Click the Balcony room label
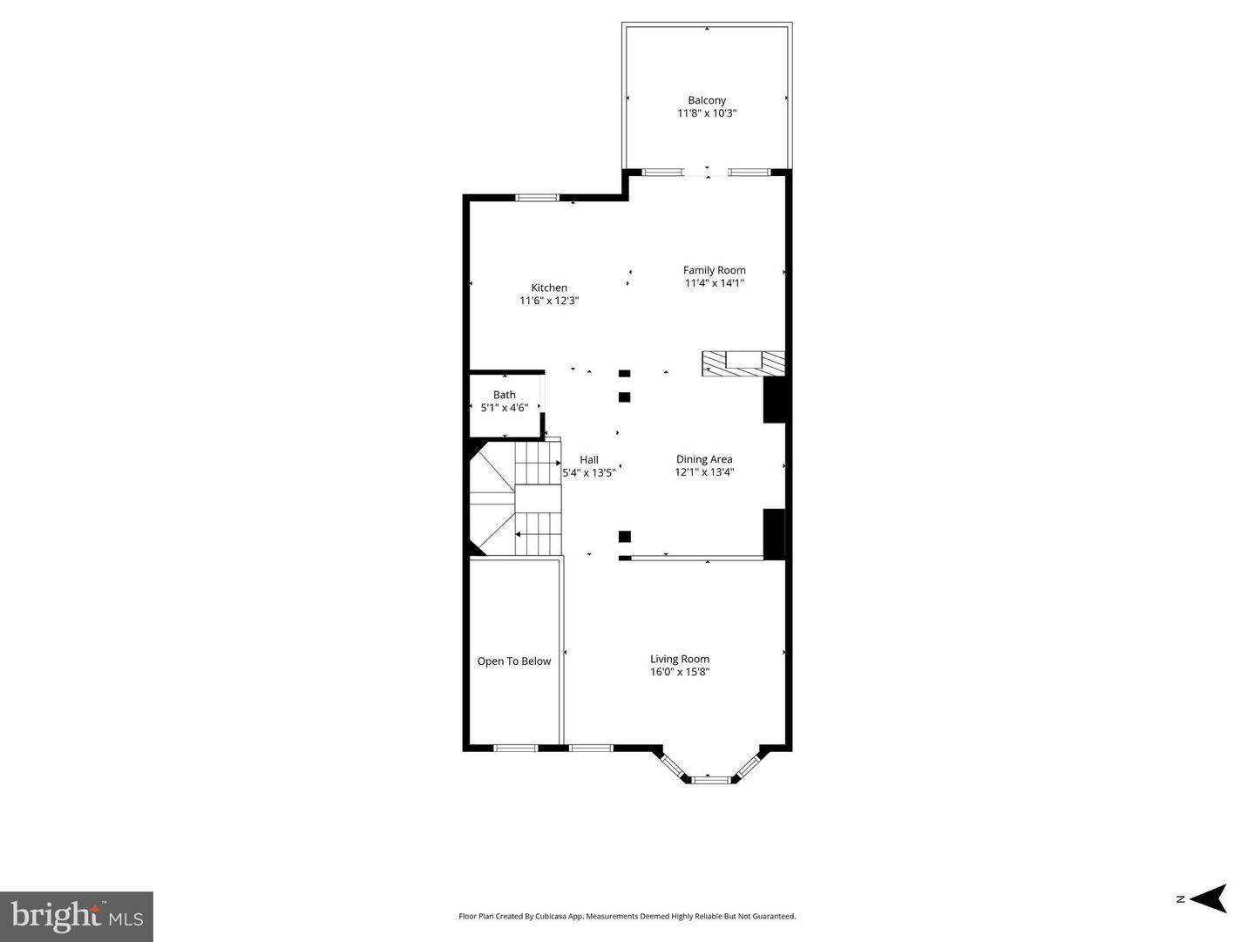pyautogui.click(x=707, y=100)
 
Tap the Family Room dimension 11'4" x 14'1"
pyautogui.click(x=714, y=282)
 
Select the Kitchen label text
pyautogui.click(x=549, y=288)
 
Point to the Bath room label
pyautogui.click(x=505, y=395)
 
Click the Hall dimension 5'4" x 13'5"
pyautogui.click(x=589, y=472)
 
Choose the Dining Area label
pyautogui.click(x=704, y=459)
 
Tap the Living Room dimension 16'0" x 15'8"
pyautogui.click(x=680, y=672)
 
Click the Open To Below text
pyautogui.click(x=514, y=661)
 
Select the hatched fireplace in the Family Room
pyautogui.click(x=743, y=363)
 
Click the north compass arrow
pyautogui.click(x=1209, y=898)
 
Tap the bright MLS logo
pyautogui.click(x=77, y=916)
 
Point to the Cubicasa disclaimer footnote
pyautogui.click(x=627, y=916)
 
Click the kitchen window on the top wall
pyautogui.click(x=538, y=198)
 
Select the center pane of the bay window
pyautogui.click(x=708, y=780)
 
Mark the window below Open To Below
pyautogui.click(x=515, y=748)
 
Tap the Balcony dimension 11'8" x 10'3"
pyautogui.click(x=707, y=113)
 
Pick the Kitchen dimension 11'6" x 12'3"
pyautogui.click(x=549, y=301)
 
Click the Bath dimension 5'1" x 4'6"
pyautogui.click(x=505, y=407)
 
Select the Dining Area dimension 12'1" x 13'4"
pyautogui.click(x=704, y=472)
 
